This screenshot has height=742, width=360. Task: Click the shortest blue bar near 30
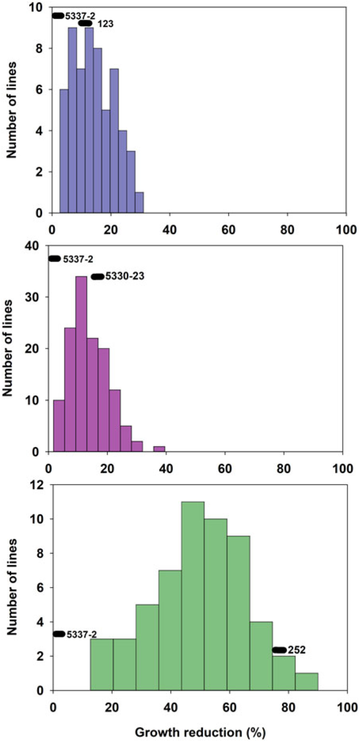[139, 203]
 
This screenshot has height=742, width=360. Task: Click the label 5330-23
[124, 276]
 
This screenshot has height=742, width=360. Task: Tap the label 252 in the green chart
[297, 650]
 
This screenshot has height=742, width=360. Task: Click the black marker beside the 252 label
[279, 650]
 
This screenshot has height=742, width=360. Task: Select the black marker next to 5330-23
[97, 276]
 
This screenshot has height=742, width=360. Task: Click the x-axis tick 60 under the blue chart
[229, 230]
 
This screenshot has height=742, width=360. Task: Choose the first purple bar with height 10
[59, 426]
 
